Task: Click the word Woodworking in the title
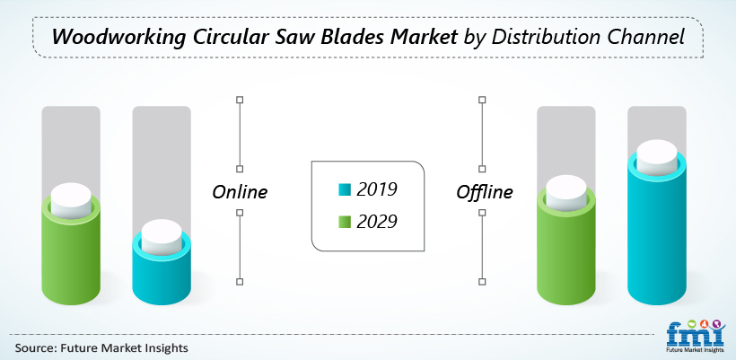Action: click(118, 37)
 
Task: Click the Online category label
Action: click(240, 191)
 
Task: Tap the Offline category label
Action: click(485, 191)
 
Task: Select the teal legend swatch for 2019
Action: click(344, 189)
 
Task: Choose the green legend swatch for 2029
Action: click(344, 222)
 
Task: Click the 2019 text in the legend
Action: click(377, 189)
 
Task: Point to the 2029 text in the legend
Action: click(377, 222)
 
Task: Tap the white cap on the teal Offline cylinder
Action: click(657, 157)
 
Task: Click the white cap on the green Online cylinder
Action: click(71, 200)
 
